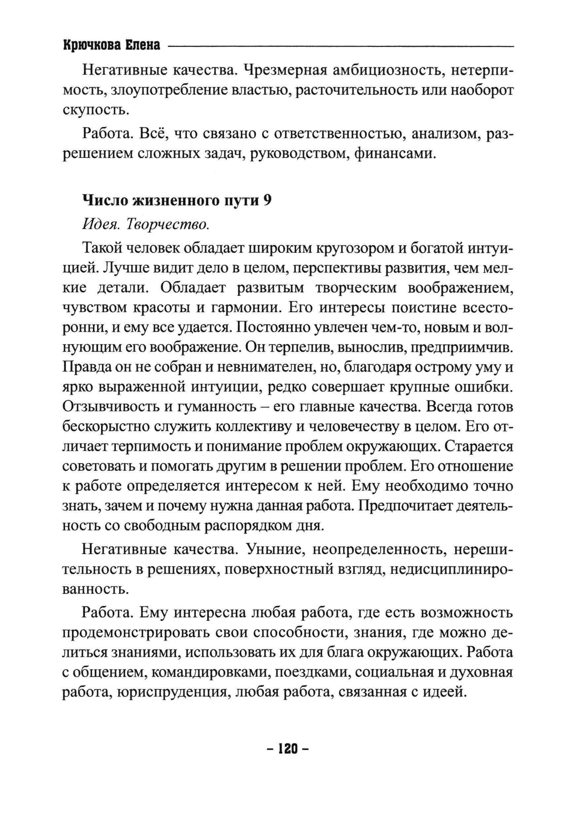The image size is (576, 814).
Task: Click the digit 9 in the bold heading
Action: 268,201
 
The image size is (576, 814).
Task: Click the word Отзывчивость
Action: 110,406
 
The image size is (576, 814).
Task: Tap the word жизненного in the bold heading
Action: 176,201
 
